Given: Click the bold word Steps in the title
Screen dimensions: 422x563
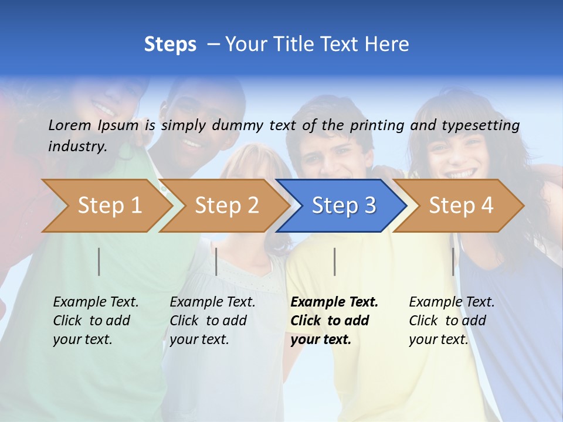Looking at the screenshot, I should pyautogui.click(x=170, y=45).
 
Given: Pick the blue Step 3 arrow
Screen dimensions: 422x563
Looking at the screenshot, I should pyautogui.click(x=342, y=206).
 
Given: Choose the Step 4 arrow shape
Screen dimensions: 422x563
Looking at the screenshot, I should pyautogui.click(x=460, y=206).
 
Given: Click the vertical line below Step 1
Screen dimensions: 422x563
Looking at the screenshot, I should pyautogui.click(x=99, y=261).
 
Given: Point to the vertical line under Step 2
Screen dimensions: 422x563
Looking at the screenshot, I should pyautogui.click(x=216, y=261).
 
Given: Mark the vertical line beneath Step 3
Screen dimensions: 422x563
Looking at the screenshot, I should pyautogui.click(x=334, y=261).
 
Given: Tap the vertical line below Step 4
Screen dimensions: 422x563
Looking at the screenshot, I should pyautogui.click(x=453, y=261).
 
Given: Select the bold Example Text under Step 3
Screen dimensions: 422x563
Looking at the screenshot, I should pyautogui.click(x=334, y=302).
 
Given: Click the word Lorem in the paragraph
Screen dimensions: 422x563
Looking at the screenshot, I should pyautogui.click(x=70, y=125).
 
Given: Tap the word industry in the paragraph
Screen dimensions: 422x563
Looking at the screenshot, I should pyautogui.click(x=77, y=146).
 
